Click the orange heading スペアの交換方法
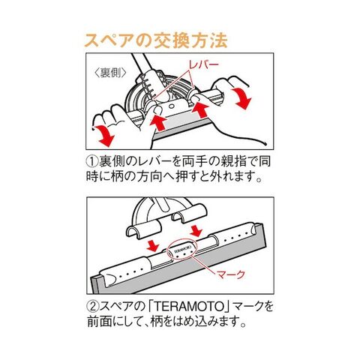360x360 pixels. pyautogui.click(x=156, y=40)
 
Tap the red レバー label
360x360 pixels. pyautogui.click(x=203, y=65)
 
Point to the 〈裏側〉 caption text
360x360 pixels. pyautogui.click(x=109, y=73)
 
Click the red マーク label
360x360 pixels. pyautogui.click(x=230, y=274)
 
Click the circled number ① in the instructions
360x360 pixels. pyautogui.click(x=91, y=161)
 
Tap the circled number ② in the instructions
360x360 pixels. pyautogui.click(x=92, y=307)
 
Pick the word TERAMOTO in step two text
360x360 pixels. pyautogui.click(x=189, y=307)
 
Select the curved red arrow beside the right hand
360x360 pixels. pyautogui.click(x=241, y=98)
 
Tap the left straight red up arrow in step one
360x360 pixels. pyautogui.click(x=158, y=121)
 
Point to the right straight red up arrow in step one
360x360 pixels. pyautogui.click(x=201, y=110)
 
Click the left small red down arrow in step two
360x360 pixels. pyautogui.click(x=152, y=245)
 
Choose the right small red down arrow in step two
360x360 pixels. pyautogui.click(x=196, y=230)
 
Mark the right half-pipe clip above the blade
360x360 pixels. pyautogui.click(x=189, y=212)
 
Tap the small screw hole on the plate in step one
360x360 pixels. pyautogui.click(x=171, y=106)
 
